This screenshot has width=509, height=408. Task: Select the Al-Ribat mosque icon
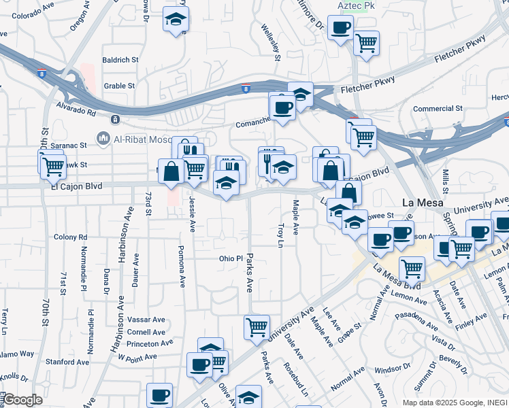point(103,139)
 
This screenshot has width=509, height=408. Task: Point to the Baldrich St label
point(120,60)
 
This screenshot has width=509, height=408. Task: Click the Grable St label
point(120,86)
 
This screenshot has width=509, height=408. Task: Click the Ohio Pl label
point(231,258)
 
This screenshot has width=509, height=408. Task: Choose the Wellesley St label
point(276,42)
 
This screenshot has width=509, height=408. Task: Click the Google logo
point(22,400)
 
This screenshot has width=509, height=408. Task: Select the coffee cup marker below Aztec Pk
point(340,28)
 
